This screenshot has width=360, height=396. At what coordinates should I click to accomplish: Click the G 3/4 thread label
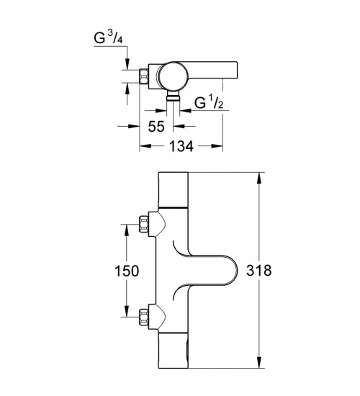coord(108,38)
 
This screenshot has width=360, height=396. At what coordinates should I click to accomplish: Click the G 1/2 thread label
coord(209,102)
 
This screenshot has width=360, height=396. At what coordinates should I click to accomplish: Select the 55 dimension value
coord(156,126)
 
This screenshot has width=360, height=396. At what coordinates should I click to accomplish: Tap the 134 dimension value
coord(181,146)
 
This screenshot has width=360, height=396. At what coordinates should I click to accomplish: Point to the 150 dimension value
coord(127,271)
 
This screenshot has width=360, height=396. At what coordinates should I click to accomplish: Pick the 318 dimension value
coord(259,270)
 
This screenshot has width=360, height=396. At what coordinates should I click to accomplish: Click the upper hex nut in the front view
coord(143,224)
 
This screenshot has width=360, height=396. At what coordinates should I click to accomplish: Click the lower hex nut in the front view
coord(143,317)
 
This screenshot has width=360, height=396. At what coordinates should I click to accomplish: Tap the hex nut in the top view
coord(144,76)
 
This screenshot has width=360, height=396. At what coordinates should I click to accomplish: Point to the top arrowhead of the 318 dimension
coord(259,179)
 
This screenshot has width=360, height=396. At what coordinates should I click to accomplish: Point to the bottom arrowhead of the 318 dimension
coord(259,362)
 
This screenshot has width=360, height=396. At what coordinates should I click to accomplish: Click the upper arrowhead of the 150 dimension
coord(126,230)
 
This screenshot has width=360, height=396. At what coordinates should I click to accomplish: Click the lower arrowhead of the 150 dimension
coord(126,311)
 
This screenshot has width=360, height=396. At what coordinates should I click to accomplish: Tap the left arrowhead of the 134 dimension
coord(145,146)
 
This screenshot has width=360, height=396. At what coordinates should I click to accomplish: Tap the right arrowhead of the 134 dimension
coord(217,146)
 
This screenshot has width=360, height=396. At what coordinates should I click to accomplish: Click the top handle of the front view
coord(174,189)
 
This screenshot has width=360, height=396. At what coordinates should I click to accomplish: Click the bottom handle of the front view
coord(174,351)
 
